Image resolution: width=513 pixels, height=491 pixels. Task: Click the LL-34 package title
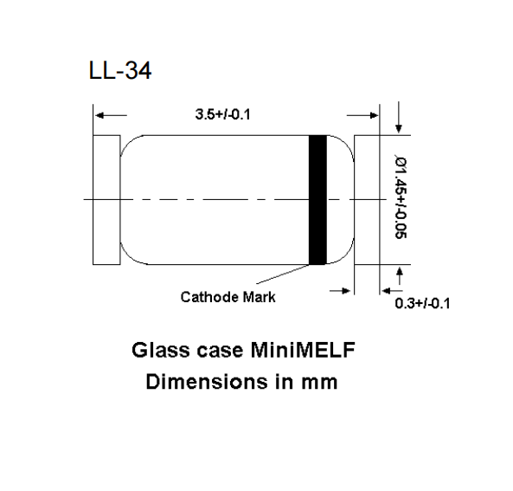pyautogui.click(x=120, y=72)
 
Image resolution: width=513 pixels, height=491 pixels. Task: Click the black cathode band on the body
pyautogui.click(x=318, y=199)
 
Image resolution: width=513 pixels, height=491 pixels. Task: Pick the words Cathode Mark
pyautogui.click(x=228, y=297)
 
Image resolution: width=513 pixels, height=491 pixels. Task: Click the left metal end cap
pyautogui.click(x=106, y=199)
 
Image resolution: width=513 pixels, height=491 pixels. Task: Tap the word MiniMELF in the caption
pyautogui.click(x=301, y=351)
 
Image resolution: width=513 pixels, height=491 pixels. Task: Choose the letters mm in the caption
pyautogui.click(x=317, y=379)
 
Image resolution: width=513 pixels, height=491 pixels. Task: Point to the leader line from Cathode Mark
pyautogui.click(x=294, y=278)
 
